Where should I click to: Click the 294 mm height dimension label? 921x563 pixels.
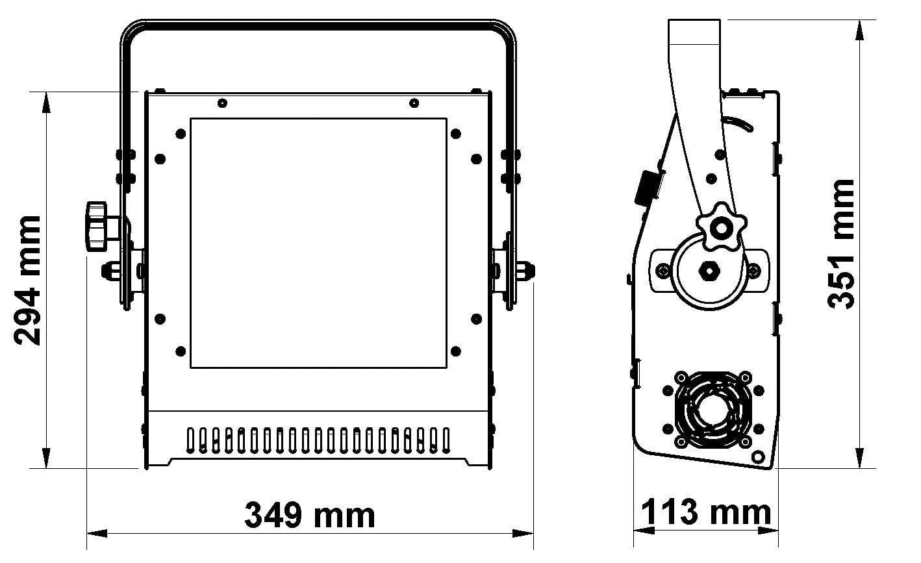[27, 281]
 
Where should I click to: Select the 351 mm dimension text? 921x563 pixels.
[840, 244]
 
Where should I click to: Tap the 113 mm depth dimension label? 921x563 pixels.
[706, 512]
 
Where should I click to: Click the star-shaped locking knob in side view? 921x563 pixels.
[722, 227]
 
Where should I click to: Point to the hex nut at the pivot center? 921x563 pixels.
[709, 271]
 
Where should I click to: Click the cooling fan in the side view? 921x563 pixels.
[713, 410]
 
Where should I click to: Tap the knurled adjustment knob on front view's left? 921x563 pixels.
[97, 227]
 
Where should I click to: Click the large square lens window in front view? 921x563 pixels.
[319, 244]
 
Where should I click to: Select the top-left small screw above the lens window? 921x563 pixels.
[222, 103]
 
